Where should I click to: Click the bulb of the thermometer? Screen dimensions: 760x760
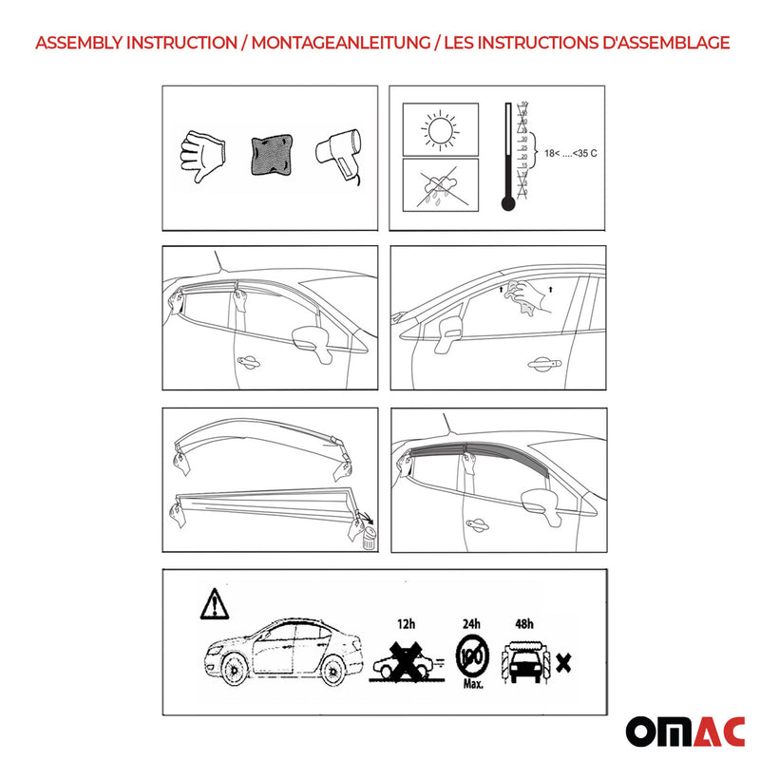[x=507, y=203]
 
